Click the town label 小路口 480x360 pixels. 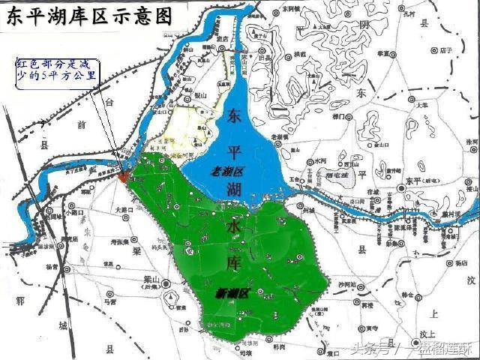click(x=74, y=212)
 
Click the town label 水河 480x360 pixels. click(x=322, y=161)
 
